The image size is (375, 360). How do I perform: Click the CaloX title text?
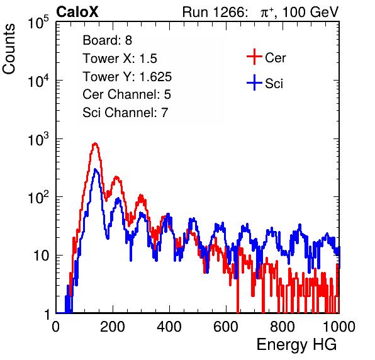(x=77, y=12)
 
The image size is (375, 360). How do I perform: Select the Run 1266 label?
(x=215, y=12)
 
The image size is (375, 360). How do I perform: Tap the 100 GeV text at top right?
(x=311, y=12)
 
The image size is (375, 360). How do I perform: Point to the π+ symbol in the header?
(x=267, y=13)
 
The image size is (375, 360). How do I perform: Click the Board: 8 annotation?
(x=108, y=40)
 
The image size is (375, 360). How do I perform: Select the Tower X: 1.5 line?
(x=120, y=59)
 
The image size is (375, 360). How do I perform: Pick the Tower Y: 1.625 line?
(x=127, y=77)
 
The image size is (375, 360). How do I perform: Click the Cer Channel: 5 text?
(x=126, y=94)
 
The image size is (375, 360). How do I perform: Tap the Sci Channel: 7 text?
(x=125, y=113)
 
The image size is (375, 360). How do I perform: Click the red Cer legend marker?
(x=254, y=57)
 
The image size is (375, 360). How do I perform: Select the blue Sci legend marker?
(x=254, y=82)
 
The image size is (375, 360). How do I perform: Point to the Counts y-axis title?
(x=9, y=49)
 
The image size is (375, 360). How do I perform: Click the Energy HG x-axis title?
(x=296, y=345)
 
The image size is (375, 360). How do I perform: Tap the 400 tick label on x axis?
(x=169, y=327)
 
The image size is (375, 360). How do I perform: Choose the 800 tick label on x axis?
(x=283, y=327)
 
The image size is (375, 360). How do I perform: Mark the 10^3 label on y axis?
(x=38, y=139)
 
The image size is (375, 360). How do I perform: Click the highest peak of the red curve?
(x=95, y=143)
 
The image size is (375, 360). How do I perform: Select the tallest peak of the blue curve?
(x=96, y=169)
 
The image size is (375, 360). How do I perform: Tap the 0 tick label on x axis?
(x=56, y=327)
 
